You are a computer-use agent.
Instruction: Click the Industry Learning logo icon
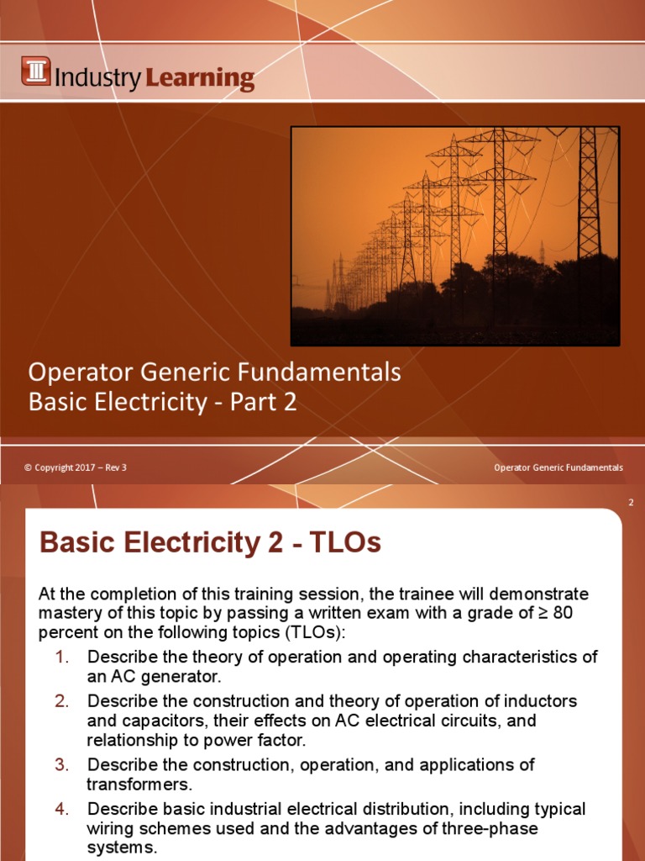pyautogui.click(x=36, y=71)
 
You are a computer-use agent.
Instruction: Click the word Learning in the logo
pyautogui.click(x=200, y=79)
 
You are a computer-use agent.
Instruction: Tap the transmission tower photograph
pyautogui.click(x=454, y=236)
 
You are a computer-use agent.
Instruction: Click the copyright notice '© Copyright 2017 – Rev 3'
pyautogui.click(x=76, y=467)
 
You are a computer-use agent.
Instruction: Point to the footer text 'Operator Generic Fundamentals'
pyautogui.click(x=558, y=467)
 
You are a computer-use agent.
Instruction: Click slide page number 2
pyautogui.click(x=630, y=503)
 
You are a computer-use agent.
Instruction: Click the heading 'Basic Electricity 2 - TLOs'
pyautogui.click(x=210, y=543)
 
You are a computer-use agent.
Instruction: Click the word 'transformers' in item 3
pyautogui.click(x=139, y=784)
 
